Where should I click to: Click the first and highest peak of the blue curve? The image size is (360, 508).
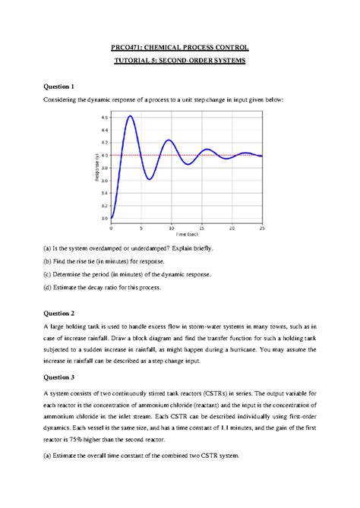(x=131, y=116)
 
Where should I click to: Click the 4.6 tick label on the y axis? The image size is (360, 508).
(x=104, y=118)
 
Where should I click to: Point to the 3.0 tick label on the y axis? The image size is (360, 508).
(x=104, y=218)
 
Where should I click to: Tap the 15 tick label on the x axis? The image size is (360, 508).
(x=201, y=228)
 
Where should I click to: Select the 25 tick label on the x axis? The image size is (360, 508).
(x=261, y=228)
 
